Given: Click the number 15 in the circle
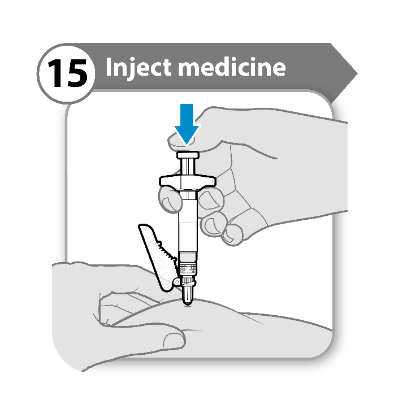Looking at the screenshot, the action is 67,73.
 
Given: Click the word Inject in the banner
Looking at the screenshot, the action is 138,67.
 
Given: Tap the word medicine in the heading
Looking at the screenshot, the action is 232,67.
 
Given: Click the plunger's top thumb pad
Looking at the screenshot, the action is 188,155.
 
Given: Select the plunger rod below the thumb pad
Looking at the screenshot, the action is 188,167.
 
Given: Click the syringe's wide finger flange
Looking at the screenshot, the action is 188,181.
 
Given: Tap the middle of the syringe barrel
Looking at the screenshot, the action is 188,221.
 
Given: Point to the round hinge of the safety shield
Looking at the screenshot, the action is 176,282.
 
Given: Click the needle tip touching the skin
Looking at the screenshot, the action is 187,303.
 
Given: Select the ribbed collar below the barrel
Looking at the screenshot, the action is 188,269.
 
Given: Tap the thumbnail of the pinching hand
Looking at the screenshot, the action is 174,342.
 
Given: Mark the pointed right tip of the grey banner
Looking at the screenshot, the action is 357,73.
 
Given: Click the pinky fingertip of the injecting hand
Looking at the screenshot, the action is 232,235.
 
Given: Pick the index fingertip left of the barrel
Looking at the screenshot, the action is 170,201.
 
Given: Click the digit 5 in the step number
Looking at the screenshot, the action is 77,73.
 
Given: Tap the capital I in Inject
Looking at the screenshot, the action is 109,67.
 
